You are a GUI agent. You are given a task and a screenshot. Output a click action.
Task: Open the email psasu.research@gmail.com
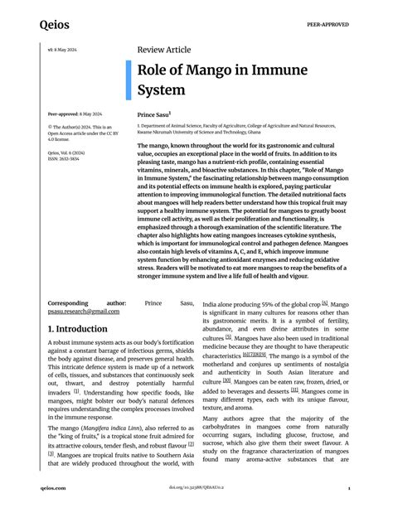pyautogui.click(x=83, y=311)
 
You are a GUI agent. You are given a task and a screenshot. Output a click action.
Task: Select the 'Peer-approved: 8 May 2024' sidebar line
pyautogui.click(x=75, y=113)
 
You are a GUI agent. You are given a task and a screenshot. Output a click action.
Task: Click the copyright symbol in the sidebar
pyautogui.click(x=51, y=127)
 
